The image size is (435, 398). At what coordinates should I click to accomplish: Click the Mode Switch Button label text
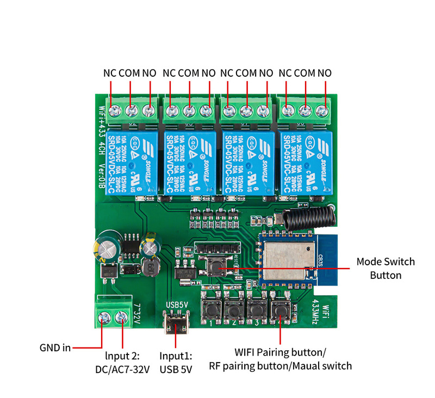(386, 268)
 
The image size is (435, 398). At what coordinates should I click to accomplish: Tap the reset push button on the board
(219, 265)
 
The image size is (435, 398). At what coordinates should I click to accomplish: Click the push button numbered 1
(210, 310)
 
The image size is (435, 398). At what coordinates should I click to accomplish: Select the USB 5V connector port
(176, 324)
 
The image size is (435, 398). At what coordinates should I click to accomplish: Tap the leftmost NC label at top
(110, 73)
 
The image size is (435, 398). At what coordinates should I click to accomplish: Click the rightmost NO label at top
(325, 73)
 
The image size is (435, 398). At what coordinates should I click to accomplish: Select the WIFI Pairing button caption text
(280, 352)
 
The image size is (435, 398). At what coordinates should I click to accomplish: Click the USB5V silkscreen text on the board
(176, 304)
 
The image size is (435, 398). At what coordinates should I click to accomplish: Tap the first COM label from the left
(129, 73)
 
